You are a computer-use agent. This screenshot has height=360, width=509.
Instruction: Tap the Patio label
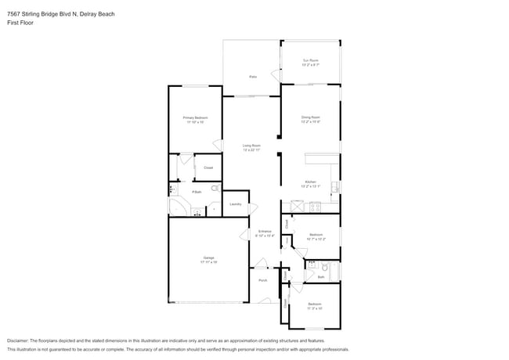tap(253, 77)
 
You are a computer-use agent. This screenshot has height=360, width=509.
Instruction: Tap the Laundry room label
tap(235, 205)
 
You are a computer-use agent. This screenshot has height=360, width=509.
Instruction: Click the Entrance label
tap(265, 232)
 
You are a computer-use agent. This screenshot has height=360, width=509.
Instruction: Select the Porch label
tap(262, 280)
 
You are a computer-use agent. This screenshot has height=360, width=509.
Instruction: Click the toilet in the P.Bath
tap(214, 189)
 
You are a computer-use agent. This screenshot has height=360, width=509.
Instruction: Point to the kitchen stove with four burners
tap(315, 207)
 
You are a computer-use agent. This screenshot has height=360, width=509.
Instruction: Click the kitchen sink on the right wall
tap(335, 187)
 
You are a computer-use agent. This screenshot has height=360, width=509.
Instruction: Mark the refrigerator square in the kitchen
tap(298, 206)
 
